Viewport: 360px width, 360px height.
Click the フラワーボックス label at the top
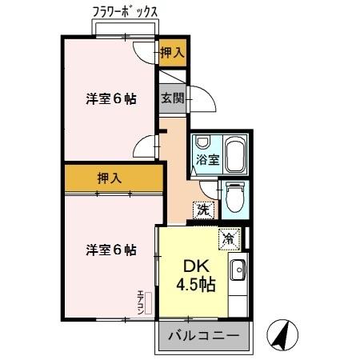(126, 12)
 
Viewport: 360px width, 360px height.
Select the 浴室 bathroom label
(208, 158)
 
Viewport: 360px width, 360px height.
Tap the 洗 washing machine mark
(202, 210)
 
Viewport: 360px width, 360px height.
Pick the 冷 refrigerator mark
(229, 237)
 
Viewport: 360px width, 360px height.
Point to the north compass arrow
(279, 334)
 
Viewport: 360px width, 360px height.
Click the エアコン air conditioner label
(140, 301)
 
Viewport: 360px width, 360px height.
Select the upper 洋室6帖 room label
(111, 99)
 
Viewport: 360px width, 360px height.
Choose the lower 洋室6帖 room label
(111, 250)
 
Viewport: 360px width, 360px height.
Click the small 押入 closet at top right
(171, 53)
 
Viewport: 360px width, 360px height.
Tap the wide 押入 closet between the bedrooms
(110, 178)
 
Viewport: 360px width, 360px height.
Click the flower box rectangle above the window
(125, 29)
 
